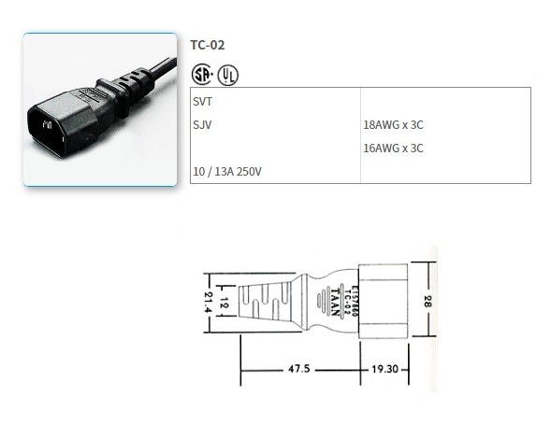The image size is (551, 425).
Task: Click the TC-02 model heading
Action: pos(207,44)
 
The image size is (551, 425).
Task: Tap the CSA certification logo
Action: pos(200,73)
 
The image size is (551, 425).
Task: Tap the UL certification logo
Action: pos(228,73)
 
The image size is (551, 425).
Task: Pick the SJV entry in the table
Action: pos(201,123)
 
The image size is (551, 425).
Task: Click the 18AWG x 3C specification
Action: pos(393,123)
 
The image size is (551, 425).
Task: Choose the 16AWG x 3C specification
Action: pos(393,148)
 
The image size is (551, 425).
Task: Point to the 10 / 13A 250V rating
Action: pos(226,172)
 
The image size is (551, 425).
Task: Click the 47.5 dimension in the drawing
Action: pos(301,370)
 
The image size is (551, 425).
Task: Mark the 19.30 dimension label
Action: pos(384,370)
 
